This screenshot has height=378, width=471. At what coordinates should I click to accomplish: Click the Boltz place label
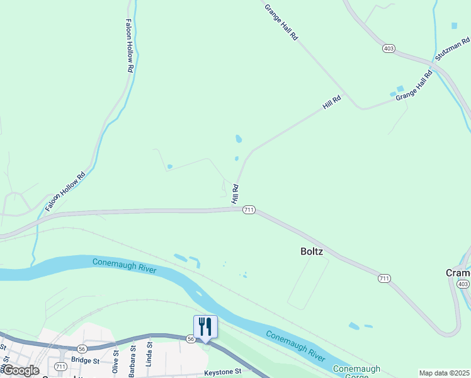311,251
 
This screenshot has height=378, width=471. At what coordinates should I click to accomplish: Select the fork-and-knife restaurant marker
205,327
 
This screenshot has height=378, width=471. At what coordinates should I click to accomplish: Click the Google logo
20,370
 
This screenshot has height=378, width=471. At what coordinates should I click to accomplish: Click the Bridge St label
86,361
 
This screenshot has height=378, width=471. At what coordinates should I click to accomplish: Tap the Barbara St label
133,360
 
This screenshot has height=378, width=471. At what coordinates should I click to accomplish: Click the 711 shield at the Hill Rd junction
249,210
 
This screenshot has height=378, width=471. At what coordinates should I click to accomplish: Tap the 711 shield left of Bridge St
60,366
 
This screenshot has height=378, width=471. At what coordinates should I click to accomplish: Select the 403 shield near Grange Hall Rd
388,48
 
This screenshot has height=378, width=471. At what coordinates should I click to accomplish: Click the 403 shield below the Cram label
463,285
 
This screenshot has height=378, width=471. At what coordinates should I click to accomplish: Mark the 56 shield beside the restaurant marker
190,339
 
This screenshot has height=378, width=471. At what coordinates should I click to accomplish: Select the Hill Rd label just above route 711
235,193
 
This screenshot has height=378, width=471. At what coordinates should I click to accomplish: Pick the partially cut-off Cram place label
458,273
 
